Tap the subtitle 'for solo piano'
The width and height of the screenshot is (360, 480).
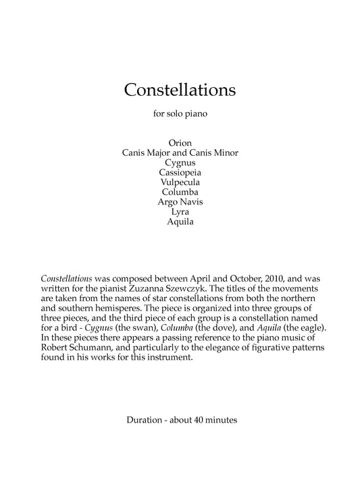point(180,114)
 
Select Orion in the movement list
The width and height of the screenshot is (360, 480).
point(180,142)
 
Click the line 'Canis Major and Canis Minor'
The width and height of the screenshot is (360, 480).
point(180,153)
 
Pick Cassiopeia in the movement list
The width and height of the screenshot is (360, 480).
point(180,172)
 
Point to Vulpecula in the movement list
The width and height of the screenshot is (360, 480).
point(180,182)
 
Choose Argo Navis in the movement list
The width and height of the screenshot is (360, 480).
point(180,202)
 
